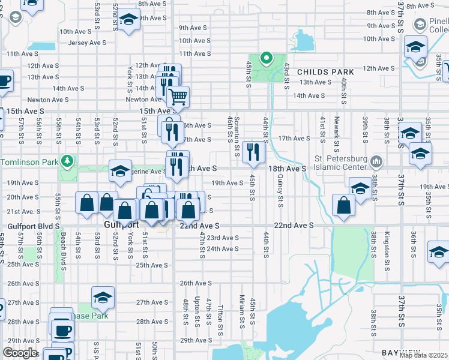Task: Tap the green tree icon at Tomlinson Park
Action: pyautogui.click(x=68, y=161)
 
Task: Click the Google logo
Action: pyautogui.click(x=20, y=353)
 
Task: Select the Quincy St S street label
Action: pyautogui.click(x=280, y=193)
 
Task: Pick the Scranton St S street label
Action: pyautogui.click(x=238, y=133)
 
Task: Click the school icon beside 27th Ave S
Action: pyautogui.click(x=103, y=298)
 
